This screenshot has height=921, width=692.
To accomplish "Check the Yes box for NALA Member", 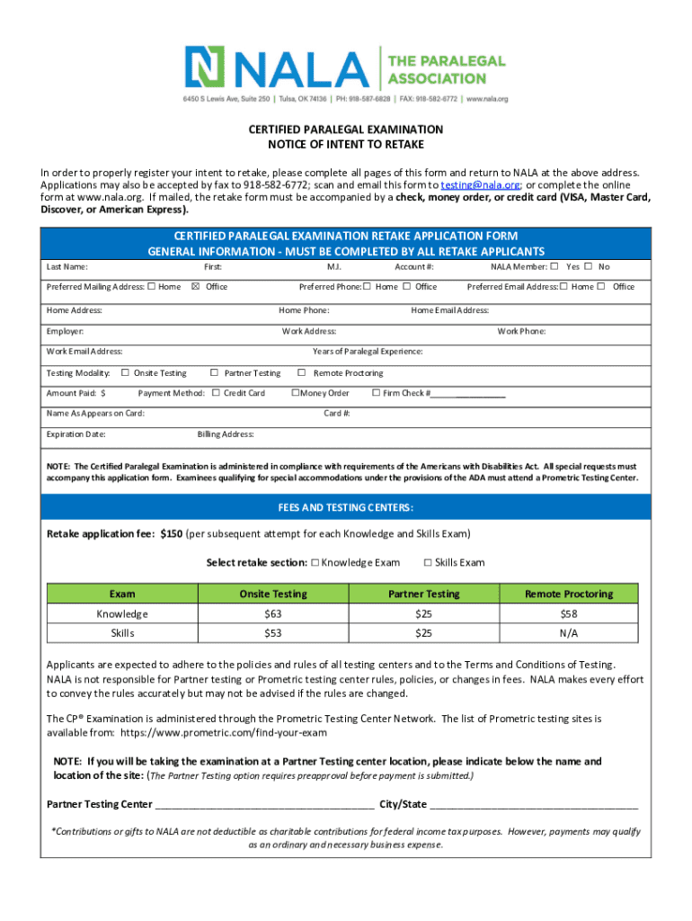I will point(554,266).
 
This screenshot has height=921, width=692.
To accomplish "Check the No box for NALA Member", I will point(588,266).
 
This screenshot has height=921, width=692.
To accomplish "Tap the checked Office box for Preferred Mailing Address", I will point(194,287).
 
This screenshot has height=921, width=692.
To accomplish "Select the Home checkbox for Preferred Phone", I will point(367,287).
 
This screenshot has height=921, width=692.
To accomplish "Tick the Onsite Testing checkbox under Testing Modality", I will point(125,372).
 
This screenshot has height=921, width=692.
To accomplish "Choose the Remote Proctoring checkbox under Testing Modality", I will point(302,372).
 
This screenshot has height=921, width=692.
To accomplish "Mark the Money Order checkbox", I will point(295,393).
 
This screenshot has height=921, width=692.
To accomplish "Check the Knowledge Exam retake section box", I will point(315,562).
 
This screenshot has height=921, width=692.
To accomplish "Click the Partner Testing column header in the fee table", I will point(423,594).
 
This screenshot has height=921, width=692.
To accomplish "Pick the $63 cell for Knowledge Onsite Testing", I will point(272,613).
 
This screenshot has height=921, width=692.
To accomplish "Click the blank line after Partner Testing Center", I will point(264,804).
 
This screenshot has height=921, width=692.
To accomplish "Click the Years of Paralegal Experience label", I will point(367,352).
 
